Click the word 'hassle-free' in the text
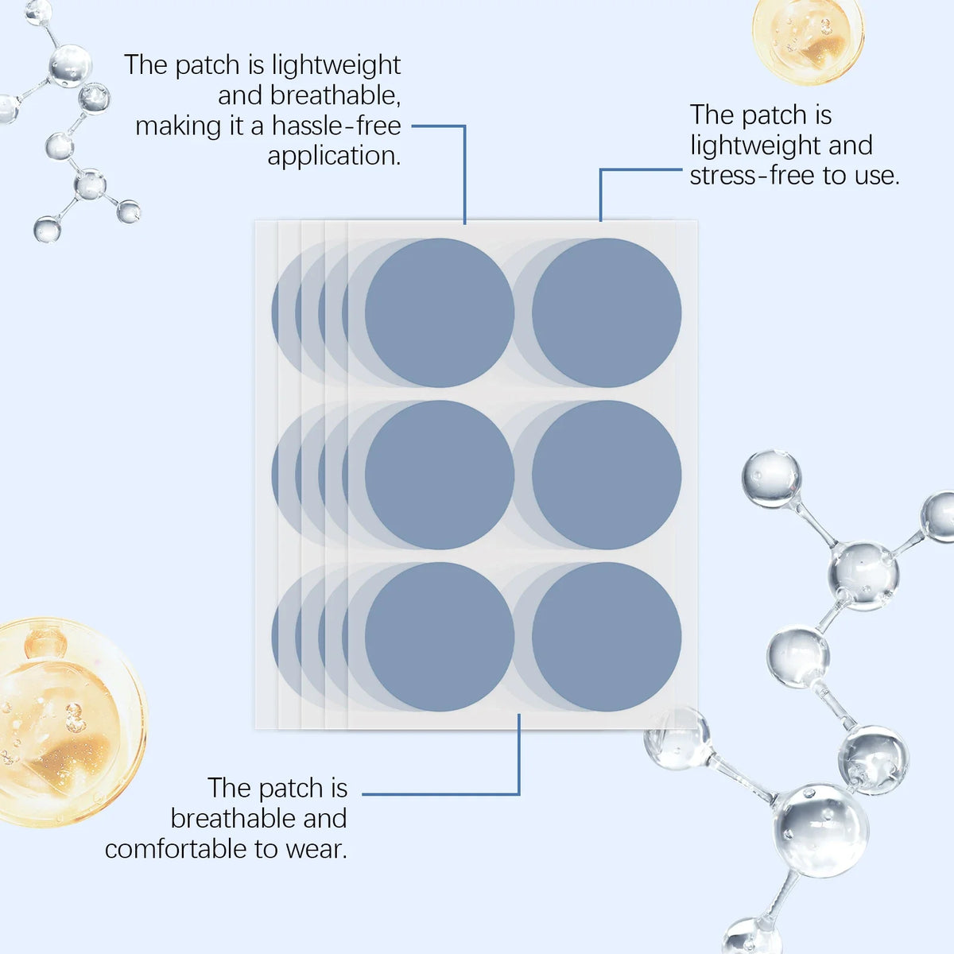click(x=336, y=126)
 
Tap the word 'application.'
click(x=334, y=157)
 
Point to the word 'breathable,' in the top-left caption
click(x=335, y=95)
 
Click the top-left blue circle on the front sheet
click(x=440, y=312)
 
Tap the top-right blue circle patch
click(x=607, y=312)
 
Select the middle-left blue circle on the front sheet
click(x=440, y=475)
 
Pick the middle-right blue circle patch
click(x=607, y=475)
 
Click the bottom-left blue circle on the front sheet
click(x=440, y=637)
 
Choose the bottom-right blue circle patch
click(x=607, y=637)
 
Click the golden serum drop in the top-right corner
click(x=808, y=37)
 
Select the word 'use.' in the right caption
click(x=877, y=176)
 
